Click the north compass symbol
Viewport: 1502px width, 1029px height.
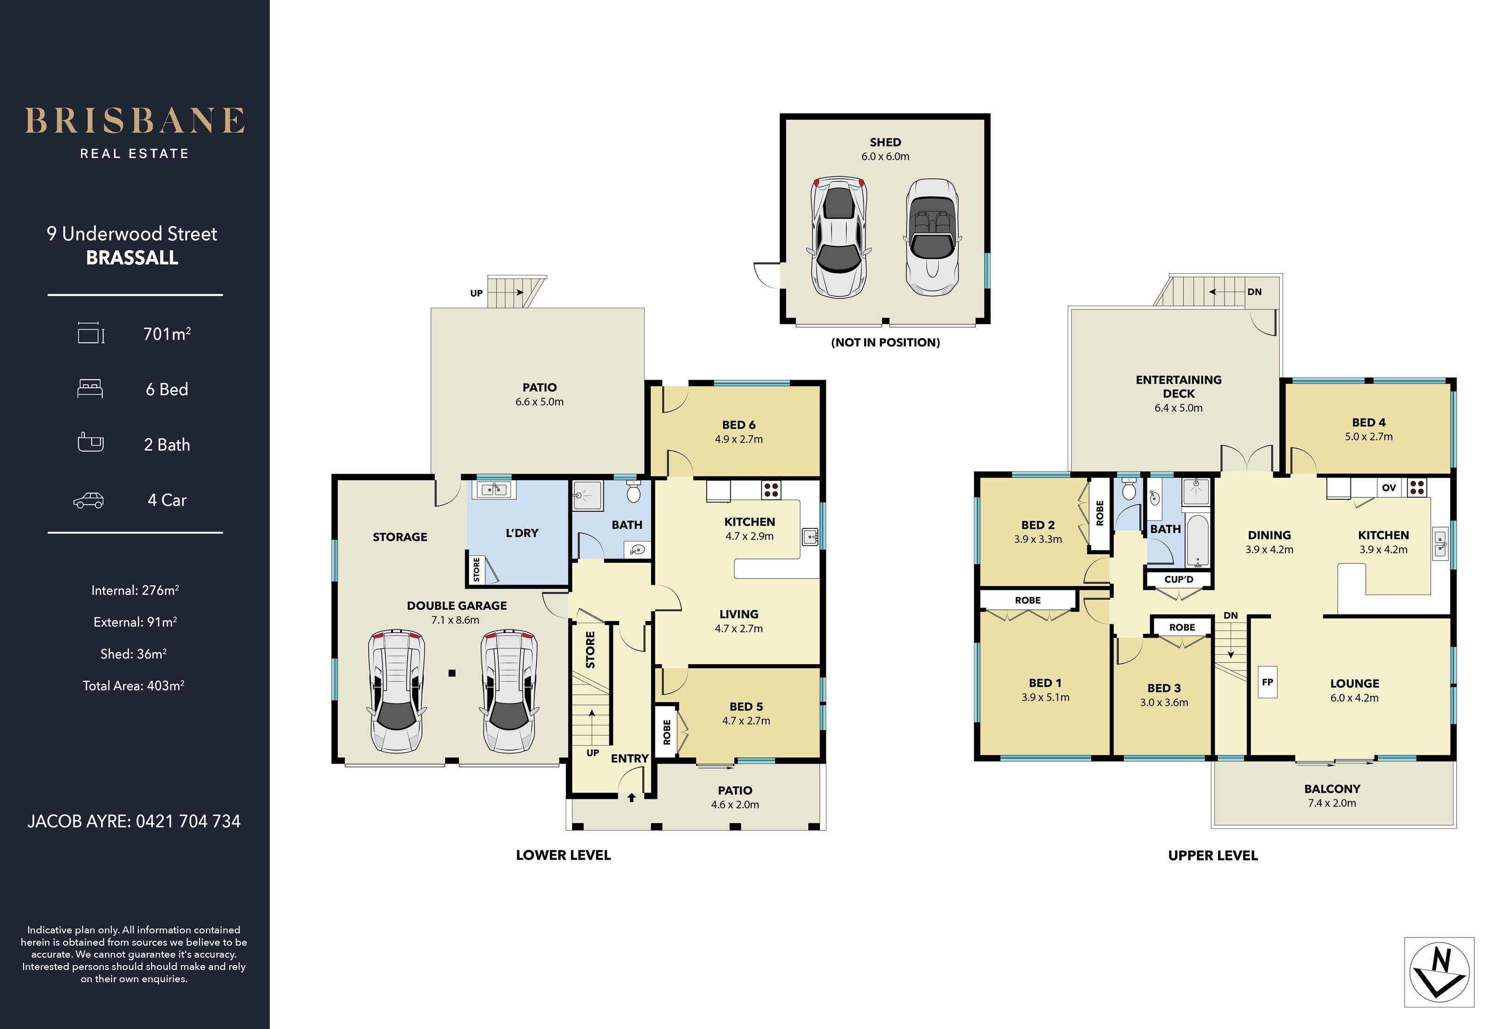[x=1439, y=972]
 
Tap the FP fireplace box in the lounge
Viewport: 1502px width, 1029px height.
[x=1267, y=682]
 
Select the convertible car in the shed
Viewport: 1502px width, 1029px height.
[x=932, y=237]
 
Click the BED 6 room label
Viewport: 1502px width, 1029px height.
[x=739, y=425]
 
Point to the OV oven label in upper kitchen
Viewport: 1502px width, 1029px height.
[x=1389, y=488]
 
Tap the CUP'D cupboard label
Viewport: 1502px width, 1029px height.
[x=1179, y=579]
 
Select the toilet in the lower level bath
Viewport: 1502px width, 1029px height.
[x=634, y=492]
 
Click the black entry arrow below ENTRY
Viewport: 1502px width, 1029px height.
[x=631, y=797]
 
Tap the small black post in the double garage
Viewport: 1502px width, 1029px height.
[x=452, y=673]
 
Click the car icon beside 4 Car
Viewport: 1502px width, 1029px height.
[x=88, y=500]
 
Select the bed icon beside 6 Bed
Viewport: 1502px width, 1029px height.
[x=90, y=389]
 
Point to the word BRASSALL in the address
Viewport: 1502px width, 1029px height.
[x=132, y=258]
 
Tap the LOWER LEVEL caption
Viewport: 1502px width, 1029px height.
[x=563, y=855]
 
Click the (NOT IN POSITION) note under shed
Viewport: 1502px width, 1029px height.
[x=886, y=343]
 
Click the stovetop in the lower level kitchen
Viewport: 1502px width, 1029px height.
[x=771, y=489]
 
